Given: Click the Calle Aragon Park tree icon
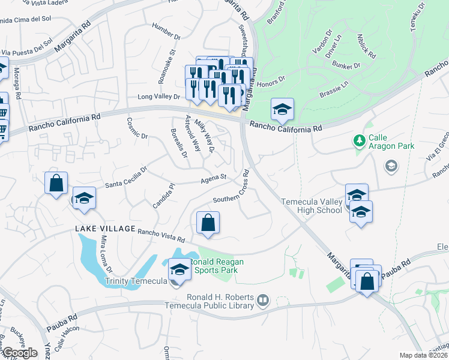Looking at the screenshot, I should point(360,141).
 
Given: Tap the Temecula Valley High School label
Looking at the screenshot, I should point(312,206).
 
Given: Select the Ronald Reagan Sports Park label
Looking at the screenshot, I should point(214,266).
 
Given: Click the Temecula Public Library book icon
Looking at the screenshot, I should point(262,299).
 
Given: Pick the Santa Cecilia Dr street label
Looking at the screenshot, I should point(127,179).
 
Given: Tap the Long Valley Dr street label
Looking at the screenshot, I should point(159,96).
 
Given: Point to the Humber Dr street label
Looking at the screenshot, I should point(166,32).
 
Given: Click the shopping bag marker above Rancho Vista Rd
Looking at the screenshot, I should point(207,223).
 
